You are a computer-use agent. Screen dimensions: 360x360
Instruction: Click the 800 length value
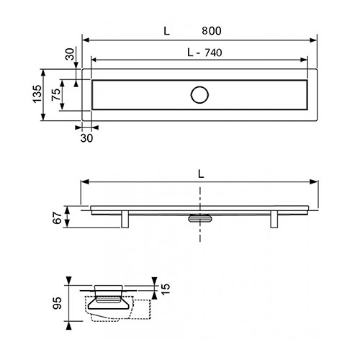(212, 31)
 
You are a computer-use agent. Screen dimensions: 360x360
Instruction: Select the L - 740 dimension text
(204, 53)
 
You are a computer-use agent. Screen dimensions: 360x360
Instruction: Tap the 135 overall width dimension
(37, 94)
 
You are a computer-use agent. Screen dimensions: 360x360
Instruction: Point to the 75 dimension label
(55, 94)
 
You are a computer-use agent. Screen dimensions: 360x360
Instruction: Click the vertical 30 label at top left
(70, 54)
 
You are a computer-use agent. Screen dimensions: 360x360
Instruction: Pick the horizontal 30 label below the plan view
(86, 138)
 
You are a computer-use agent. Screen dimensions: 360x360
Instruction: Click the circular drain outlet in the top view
(199, 95)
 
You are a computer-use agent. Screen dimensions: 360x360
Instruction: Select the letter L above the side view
(201, 174)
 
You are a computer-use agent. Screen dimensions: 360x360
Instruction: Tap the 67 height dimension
(58, 217)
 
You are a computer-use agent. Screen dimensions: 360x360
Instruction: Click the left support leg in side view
(125, 219)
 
